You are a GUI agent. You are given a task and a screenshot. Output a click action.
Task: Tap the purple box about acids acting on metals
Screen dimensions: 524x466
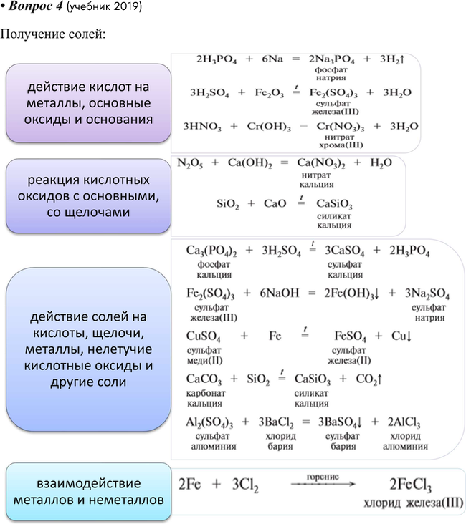(88, 103)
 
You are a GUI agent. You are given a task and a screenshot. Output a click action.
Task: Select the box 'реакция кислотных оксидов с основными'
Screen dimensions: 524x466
(88, 195)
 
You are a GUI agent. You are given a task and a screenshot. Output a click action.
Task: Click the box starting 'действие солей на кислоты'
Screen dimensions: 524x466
(88, 349)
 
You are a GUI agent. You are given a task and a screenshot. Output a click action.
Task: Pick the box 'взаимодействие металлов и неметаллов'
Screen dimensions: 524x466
(88, 490)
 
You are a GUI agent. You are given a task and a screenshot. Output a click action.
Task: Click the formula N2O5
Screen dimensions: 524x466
(191, 163)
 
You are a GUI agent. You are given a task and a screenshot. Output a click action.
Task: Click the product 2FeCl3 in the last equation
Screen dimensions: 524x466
(411, 485)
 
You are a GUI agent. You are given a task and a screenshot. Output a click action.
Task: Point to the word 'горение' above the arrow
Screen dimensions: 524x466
(323, 476)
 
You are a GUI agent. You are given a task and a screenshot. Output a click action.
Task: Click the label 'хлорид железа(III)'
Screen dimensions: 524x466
(413, 503)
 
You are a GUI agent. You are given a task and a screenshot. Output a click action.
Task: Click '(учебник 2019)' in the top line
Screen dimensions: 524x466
(106, 7)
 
